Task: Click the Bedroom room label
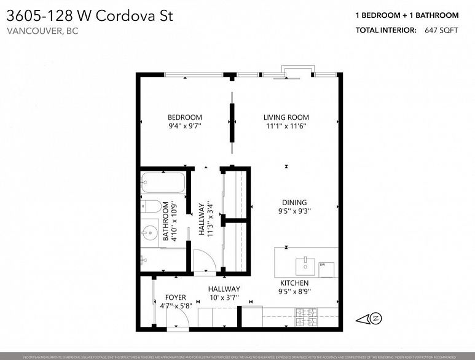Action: pyautogui.click(x=185, y=117)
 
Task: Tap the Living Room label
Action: pyautogui.click(x=286, y=117)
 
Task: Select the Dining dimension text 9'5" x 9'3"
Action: pyautogui.click(x=294, y=211)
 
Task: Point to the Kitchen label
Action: pyautogui.click(x=294, y=283)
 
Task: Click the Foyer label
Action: pyautogui.click(x=175, y=298)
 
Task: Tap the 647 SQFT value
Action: pyautogui.click(x=441, y=29)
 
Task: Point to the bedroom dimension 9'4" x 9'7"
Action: pyautogui.click(x=185, y=126)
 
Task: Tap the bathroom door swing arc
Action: pyautogui.click(x=203, y=260)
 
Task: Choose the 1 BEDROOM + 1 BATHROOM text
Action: pyautogui.click(x=406, y=15)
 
